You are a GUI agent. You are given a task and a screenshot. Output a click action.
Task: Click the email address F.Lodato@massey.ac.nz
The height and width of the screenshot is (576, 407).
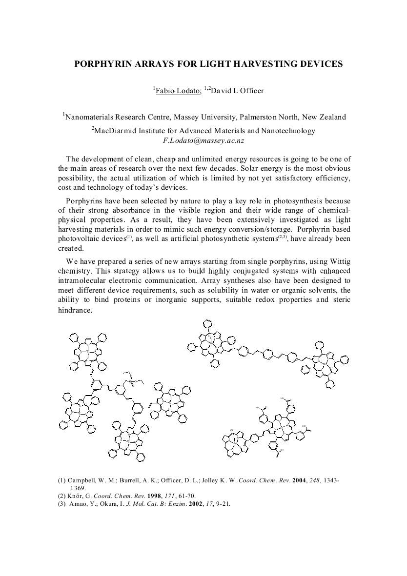click(x=203, y=140)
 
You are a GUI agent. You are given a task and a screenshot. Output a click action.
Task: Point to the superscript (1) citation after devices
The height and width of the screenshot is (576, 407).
click(x=128, y=238)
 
